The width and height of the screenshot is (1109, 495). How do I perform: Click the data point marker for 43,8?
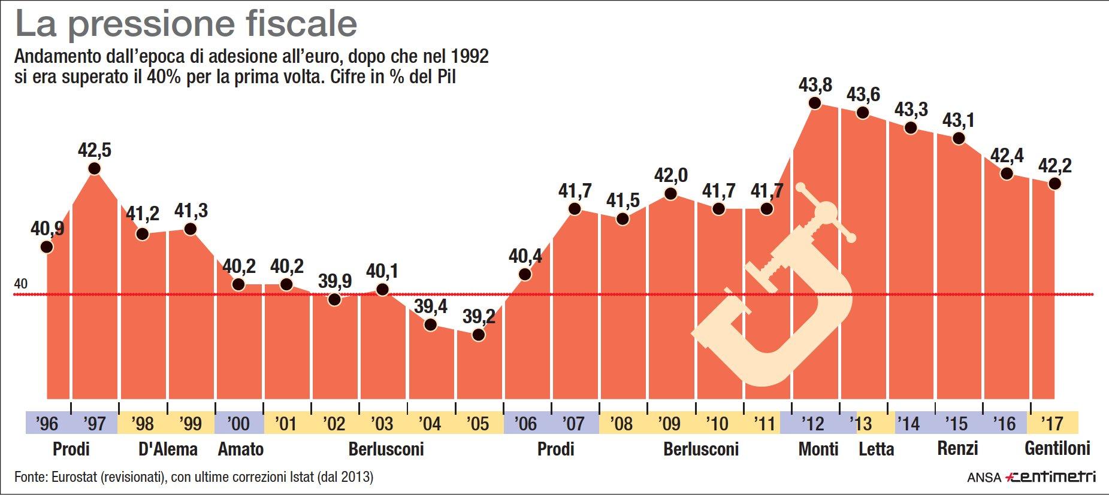(x=815, y=103)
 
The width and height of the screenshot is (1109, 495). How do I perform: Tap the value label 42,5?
(x=95, y=150)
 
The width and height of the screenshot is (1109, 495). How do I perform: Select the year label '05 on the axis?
(x=478, y=424)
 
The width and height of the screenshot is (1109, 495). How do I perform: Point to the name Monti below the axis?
(x=818, y=449)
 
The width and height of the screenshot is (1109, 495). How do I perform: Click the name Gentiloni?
(x=1057, y=448)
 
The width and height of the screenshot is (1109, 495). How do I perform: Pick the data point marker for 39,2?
(x=478, y=335)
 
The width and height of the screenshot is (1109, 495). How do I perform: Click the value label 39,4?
(x=431, y=306)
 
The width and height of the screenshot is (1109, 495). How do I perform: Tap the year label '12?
(x=813, y=424)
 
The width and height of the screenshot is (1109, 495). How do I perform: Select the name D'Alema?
(x=168, y=449)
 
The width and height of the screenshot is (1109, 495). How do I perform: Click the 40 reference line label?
(x=20, y=284)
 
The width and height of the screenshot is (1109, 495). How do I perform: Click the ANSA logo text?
(x=984, y=478)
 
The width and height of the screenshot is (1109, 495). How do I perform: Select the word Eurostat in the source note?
(x=74, y=477)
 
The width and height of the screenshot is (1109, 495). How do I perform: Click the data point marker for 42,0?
(x=671, y=194)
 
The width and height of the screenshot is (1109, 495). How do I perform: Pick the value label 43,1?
(x=959, y=120)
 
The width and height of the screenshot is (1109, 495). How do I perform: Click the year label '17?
(x=1052, y=424)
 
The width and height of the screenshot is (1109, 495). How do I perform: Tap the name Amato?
(x=241, y=449)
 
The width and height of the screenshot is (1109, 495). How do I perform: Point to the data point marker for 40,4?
(x=525, y=274)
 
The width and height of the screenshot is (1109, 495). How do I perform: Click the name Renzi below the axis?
(x=957, y=448)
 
